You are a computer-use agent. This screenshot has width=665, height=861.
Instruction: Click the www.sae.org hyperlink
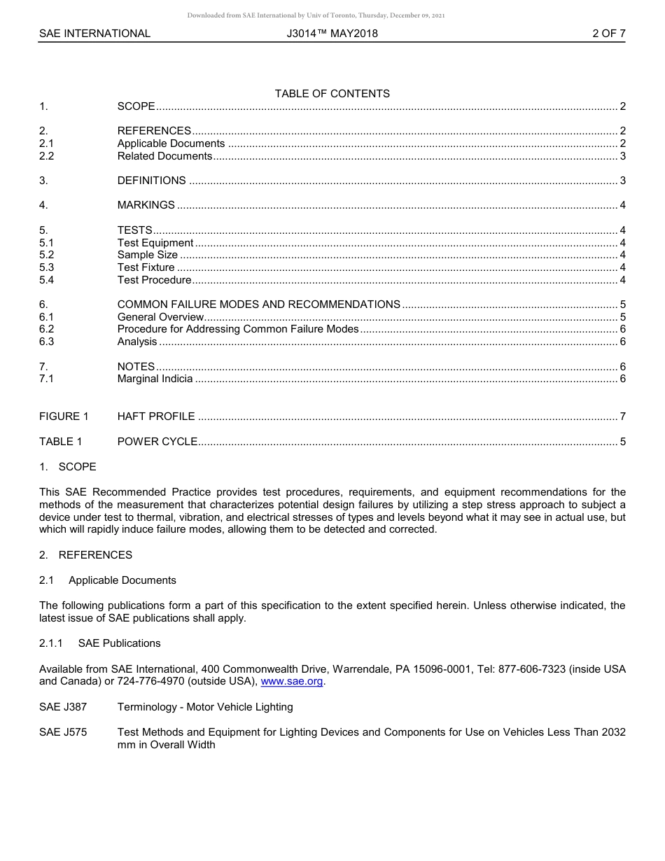click(292, 682)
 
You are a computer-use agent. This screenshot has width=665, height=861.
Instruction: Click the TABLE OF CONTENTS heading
click(332, 94)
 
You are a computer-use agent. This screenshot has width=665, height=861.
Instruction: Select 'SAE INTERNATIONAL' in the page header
click(94, 33)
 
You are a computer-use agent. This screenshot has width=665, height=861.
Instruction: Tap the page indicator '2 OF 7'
click(608, 33)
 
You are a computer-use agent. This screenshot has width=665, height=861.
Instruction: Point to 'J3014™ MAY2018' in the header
click(332, 33)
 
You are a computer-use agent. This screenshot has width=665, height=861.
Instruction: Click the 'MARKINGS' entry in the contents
click(146, 205)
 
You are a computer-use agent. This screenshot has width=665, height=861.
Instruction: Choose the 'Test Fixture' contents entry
click(146, 267)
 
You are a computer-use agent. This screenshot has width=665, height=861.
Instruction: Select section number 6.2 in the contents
click(46, 329)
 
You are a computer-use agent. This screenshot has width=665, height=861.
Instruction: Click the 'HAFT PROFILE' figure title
click(156, 416)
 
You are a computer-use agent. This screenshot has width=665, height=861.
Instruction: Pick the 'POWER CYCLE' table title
click(157, 442)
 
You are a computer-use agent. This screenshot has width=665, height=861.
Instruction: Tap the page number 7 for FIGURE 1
click(622, 416)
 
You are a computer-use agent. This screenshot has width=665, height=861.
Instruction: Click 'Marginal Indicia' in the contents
click(155, 379)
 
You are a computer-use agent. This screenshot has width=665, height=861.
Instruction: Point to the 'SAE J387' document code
click(63, 707)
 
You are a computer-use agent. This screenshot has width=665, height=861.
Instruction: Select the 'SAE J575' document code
click(63, 732)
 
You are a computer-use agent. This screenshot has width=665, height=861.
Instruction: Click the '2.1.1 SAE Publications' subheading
click(99, 643)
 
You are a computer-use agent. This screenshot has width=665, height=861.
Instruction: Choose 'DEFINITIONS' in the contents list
click(151, 181)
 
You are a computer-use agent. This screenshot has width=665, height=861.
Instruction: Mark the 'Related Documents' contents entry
click(164, 156)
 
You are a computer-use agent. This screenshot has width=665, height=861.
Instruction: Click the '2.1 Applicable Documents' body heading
click(107, 580)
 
